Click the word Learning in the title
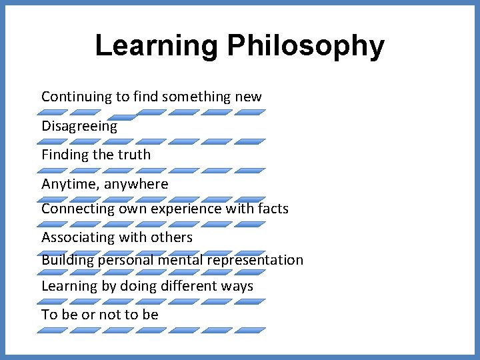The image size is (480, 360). [157, 46]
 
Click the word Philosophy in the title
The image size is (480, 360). [305, 46]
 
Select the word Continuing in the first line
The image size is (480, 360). [77, 97]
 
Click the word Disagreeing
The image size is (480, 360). [79, 126]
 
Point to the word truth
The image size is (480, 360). [134, 155]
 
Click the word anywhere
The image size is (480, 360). [137, 184]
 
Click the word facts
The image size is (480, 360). [273, 209]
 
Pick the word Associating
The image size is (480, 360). [78, 237]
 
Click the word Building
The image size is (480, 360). [67, 260]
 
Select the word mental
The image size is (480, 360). [181, 260]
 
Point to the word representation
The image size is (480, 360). [255, 260]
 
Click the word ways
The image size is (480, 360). [238, 286]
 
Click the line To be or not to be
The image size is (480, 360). [100, 315]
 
